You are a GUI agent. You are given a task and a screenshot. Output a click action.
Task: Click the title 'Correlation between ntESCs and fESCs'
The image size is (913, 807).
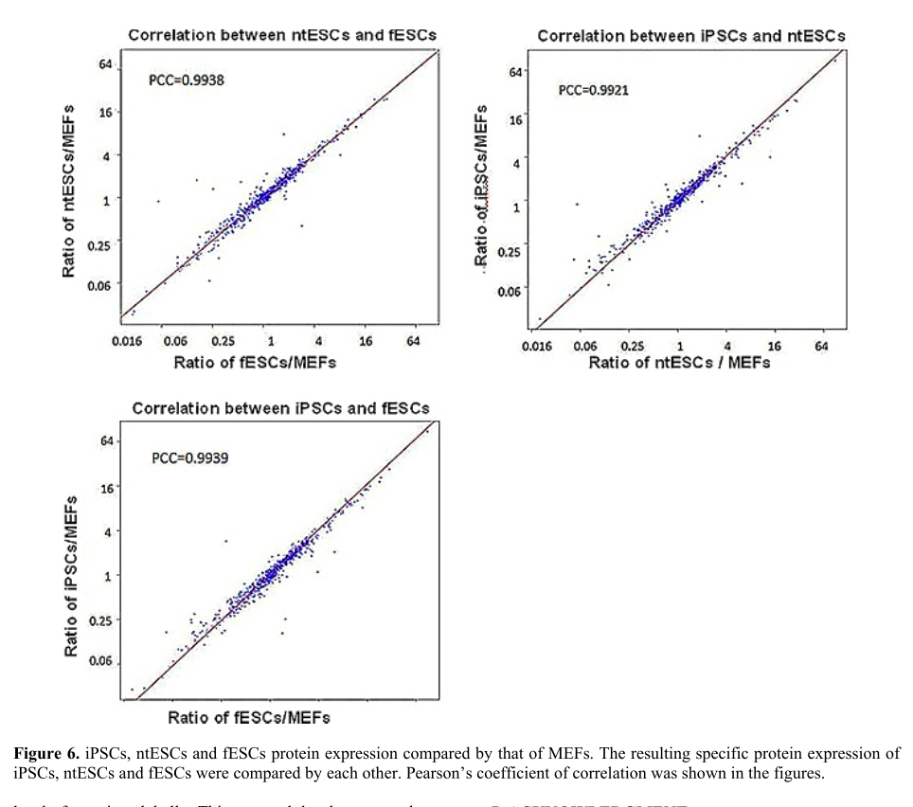click(282, 36)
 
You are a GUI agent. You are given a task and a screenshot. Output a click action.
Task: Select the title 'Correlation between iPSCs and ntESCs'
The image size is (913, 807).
click(691, 36)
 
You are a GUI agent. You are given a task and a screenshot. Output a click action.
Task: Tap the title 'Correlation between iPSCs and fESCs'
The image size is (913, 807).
click(280, 408)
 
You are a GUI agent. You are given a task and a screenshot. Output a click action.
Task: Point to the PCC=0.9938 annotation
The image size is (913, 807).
click(187, 81)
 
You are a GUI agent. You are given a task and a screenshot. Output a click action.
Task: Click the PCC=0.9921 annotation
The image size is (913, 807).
click(594, 91)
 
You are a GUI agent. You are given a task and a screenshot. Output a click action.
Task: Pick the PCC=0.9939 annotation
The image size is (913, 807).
click(189, 458)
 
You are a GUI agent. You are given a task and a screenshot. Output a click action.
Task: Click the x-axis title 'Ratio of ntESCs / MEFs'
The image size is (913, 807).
click(679, 363)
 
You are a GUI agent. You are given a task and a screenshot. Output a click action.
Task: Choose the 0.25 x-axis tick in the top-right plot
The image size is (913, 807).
click(635, 347)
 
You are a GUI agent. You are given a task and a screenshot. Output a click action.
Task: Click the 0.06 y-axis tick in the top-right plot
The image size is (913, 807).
click(508, 290)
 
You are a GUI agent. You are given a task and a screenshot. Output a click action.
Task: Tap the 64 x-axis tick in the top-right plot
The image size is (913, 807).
click(821, 347)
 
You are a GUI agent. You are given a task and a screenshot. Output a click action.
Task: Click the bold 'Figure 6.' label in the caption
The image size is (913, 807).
click(45, 754)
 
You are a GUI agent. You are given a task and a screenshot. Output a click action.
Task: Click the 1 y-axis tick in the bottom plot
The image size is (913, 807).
click(110, 575)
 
